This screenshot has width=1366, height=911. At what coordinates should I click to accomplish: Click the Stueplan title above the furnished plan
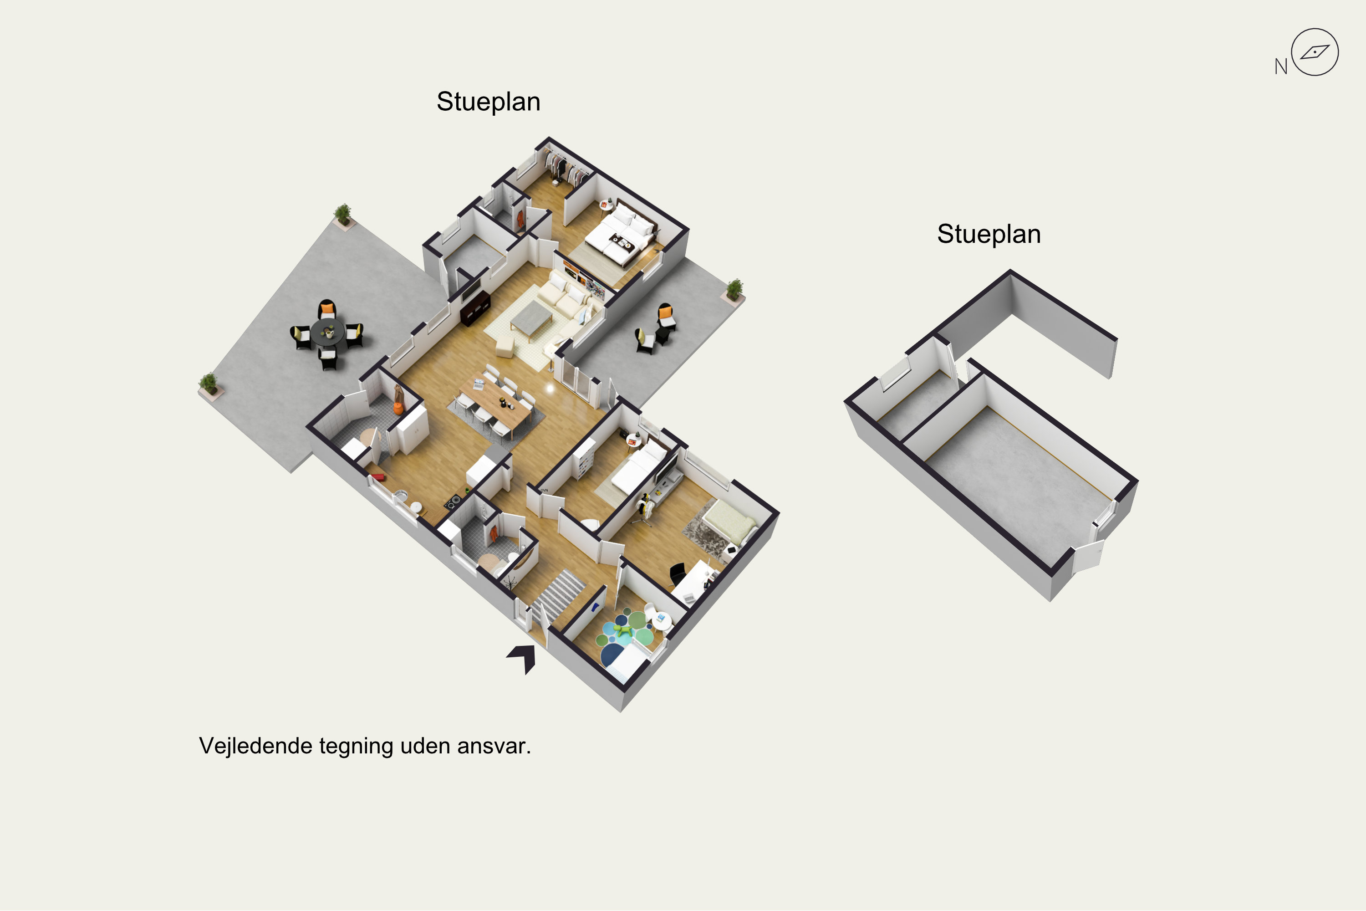489,102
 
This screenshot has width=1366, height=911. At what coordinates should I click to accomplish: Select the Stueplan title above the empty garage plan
989,234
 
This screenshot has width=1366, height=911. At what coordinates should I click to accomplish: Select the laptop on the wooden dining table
479,384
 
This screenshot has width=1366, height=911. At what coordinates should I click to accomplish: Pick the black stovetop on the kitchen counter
453,501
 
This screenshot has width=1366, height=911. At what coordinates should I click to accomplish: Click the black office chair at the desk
677,573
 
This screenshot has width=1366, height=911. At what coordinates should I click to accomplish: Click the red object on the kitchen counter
379,477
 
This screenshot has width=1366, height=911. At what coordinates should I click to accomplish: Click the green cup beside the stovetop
467,491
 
